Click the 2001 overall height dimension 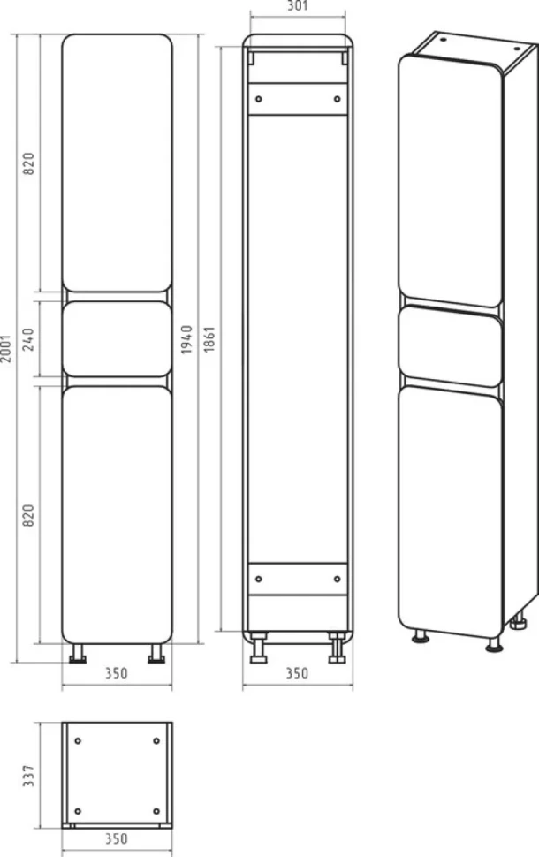tap(6, 348)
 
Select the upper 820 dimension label tap(28, 163)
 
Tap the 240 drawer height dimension tap(28, 339)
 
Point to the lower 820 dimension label tap(28, 515)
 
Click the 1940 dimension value tap(187, 339)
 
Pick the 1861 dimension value tap(209, 339)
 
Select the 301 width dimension tap(298, 6)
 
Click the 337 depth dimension tap(28, 776)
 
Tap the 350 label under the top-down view tap(117, 838)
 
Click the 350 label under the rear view tap(298, 673)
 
